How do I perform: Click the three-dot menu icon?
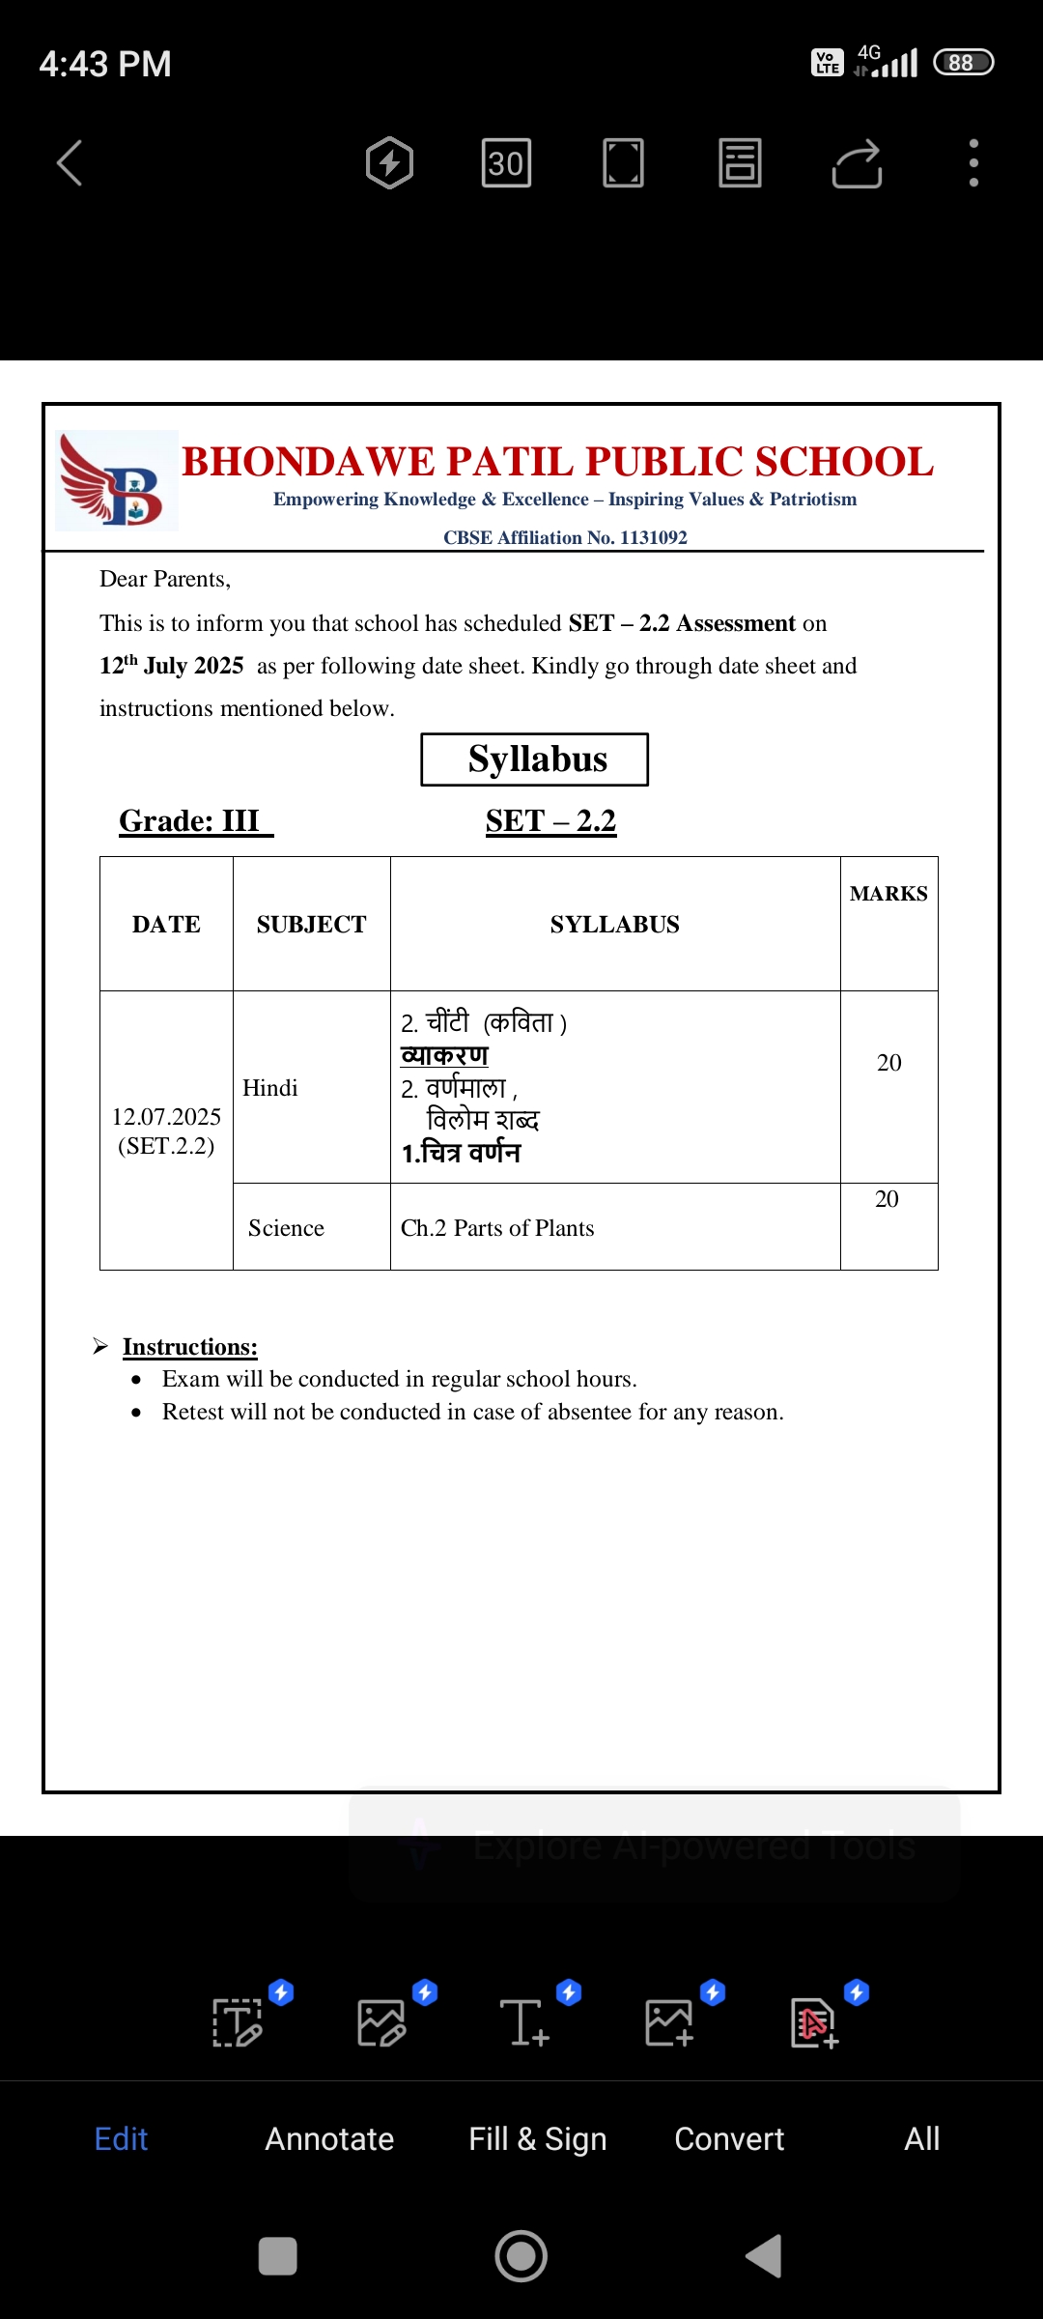pyautogui.click(x=973, y=162)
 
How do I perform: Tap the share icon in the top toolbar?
pyautogui.click(x=857, y=162)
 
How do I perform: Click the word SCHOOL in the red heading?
pyautogui.click(x=844, y=463)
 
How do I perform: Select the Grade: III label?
pyautogui.click(x=190, y=821)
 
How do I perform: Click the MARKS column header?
pyautogui.click(x=888, y=894)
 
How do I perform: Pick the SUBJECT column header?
pyautogui.click(x=311, y=925)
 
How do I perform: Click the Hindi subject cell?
pyautogui.click(x=270, y=1088)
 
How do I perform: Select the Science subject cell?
pyautogui.click(x=286, y=1228)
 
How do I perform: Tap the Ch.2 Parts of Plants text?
pyautogui.click(x=497, y=1228)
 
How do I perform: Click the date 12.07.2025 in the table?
pyautogui.click(x=166, y=1117)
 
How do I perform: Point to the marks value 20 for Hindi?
pyautogui.click(x=888, y=1063)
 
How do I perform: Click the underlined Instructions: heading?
pyautogui.click(x=190, y=1347)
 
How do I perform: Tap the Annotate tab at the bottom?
pyautogui.click(x=329, y=2139)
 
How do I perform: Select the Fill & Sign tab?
pyautogui.click(x=537, y=2139)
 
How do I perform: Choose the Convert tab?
pyautogui.click(x=729, y=2139)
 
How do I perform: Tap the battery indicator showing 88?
pyautogui.click(x=963, y=63)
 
